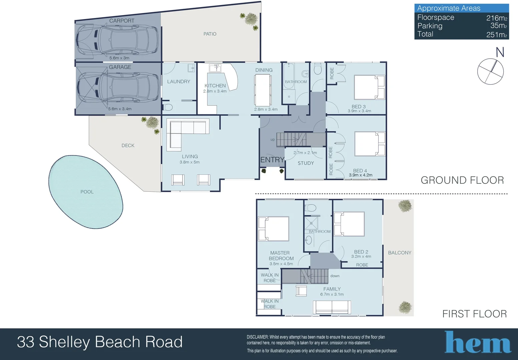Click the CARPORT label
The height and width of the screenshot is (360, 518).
click(122, 21)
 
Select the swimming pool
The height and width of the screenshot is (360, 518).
click(86, 192)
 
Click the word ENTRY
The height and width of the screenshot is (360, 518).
click(272, 160)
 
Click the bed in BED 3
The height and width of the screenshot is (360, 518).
click(369, 87)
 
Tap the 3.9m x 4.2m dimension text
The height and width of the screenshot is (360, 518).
click(361, 175)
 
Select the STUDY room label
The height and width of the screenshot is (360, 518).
click(306, 163)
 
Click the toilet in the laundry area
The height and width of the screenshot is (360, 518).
click(168, 107)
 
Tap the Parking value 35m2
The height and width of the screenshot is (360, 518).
click(498, 26)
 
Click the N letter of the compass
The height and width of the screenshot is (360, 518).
click(500, 52)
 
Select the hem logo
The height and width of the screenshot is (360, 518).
click(478, 342)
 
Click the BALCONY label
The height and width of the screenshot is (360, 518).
click(400, 253)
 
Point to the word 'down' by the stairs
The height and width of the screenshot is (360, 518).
click(335, 276)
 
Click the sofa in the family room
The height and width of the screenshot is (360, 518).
click(332, 307)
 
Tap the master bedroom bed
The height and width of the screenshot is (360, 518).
click(274, 229)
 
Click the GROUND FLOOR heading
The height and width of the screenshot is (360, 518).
click(462, 180)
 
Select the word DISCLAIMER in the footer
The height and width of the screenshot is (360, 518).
click(257, 337)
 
